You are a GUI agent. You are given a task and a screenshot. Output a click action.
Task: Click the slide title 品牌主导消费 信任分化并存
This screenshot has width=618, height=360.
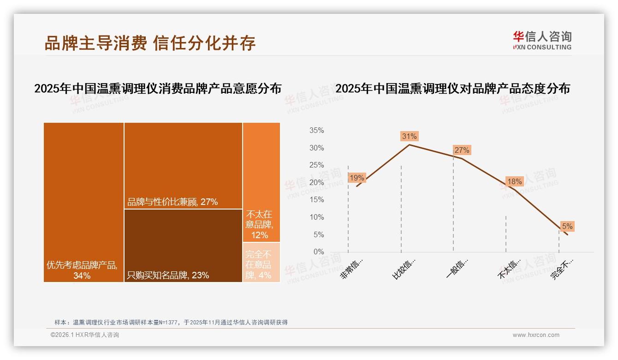[150, 43]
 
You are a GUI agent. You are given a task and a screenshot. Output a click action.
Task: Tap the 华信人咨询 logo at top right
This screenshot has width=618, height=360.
[542, 40]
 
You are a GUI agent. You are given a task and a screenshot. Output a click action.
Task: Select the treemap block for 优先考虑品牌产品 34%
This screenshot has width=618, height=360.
[83, 202]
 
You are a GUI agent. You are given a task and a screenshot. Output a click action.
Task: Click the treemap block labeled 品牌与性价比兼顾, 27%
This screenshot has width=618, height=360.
[183, 165]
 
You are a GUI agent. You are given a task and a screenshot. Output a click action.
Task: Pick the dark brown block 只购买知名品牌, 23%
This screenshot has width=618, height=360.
[183, 245]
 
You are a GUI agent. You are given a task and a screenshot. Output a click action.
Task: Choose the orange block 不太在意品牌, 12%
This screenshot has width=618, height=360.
[261, 182]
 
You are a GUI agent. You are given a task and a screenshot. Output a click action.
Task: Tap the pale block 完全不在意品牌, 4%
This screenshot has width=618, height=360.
[261, 262]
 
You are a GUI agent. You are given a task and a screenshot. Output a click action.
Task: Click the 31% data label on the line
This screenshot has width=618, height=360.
[409, 136]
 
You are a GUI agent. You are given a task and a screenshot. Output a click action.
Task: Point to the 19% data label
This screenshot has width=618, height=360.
[357, 178]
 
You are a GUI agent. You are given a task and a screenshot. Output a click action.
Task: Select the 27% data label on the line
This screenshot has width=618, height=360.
[462, 150]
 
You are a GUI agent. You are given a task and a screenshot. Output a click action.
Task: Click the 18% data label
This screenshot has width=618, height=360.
[514, 182]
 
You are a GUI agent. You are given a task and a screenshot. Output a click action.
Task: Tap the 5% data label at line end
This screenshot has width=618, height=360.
[567, 226]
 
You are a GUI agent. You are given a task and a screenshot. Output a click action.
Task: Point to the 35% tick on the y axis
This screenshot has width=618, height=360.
[316, 131]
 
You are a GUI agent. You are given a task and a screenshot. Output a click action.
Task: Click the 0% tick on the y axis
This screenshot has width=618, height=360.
[318, 252]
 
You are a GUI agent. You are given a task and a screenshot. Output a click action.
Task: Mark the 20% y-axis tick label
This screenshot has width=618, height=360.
[316, 183]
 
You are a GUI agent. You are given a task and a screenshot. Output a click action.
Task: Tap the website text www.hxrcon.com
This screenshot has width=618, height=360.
[535, 335]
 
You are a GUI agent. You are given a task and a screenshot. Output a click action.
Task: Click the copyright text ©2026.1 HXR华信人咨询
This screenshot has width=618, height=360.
[84, 335]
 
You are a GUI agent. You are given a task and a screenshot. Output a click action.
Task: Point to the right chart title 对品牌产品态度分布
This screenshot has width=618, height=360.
[452, 89]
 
